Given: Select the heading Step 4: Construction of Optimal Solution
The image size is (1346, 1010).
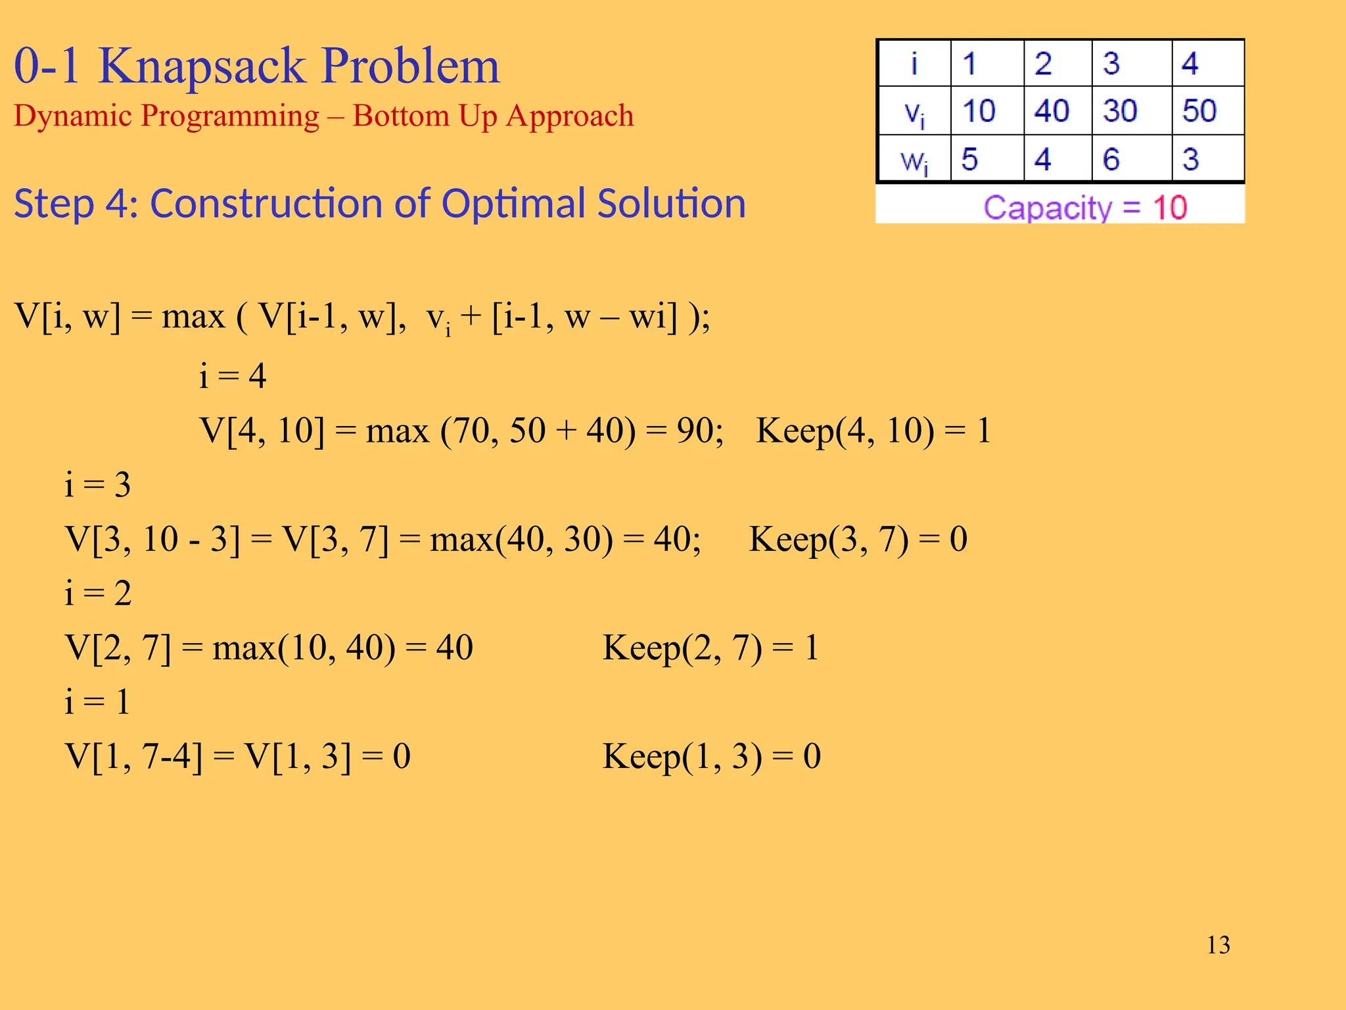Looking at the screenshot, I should [380, 203].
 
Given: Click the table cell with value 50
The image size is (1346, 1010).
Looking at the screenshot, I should [1199, 110].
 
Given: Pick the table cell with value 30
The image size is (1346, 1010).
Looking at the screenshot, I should [1121, 110].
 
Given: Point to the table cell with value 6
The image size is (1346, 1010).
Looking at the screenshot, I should [1111, 159].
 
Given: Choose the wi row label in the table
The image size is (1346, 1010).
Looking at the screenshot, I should [914, 160].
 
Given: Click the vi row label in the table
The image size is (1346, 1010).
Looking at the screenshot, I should [914, 112].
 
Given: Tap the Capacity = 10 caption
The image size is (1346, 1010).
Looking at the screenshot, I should [1085, 208].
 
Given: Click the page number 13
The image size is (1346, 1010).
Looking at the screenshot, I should [1218, 945].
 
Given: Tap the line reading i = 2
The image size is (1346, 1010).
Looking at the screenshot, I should [98, 593].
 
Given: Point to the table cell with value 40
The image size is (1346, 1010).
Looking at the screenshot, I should [1052, 110].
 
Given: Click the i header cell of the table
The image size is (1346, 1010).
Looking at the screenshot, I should [914, 64].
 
